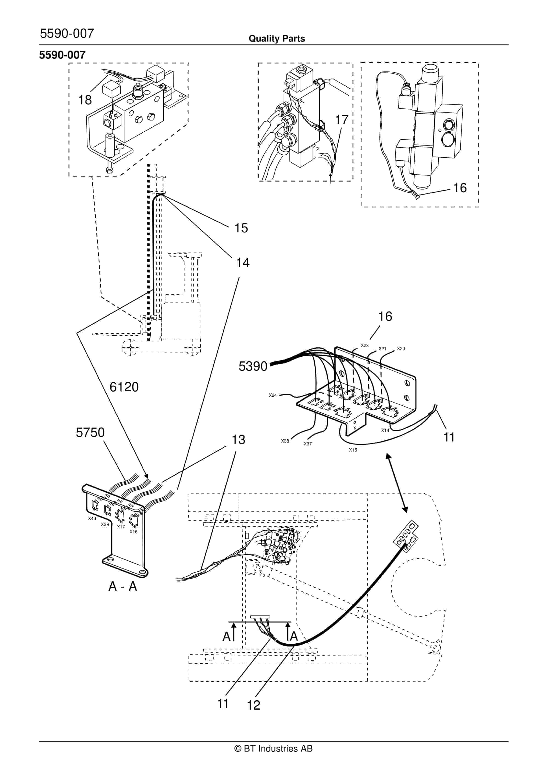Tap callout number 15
(x=241, y=228)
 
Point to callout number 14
(x=242, y=263)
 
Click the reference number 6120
(x=124, y=387)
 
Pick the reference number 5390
(x=253, y=366)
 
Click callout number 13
(x=238, y=440)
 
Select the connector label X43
(x=92, y=519)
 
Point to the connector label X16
(x=133, y=532)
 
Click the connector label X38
(x=285, y=441)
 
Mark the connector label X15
(x=353, y=450)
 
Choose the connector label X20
(x=401, y=349)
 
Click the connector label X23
(x=365, y=345)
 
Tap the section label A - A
(x=123, y=586)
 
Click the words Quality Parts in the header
(x=276, y=39)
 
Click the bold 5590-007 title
(x=62, y=55)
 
